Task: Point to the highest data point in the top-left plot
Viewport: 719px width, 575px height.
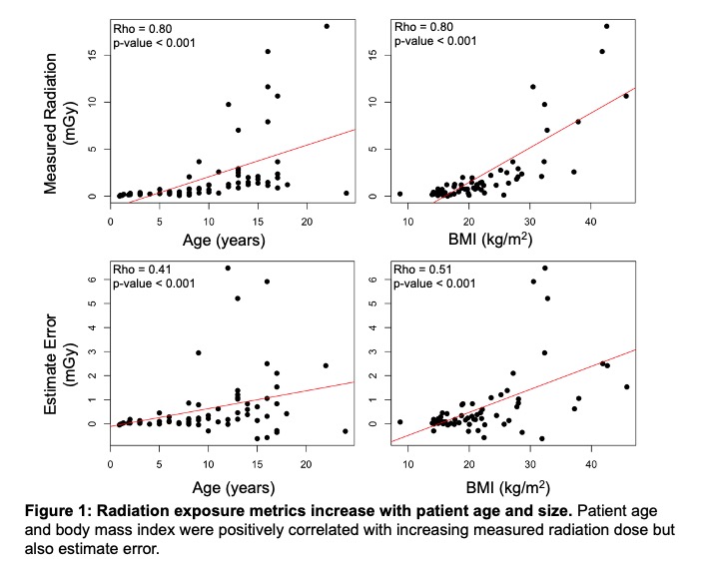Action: (x=327, y=26)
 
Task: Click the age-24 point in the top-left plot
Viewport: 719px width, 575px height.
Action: (x=346, y=194)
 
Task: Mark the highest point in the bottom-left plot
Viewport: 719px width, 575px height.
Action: (x=228, y=268)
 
